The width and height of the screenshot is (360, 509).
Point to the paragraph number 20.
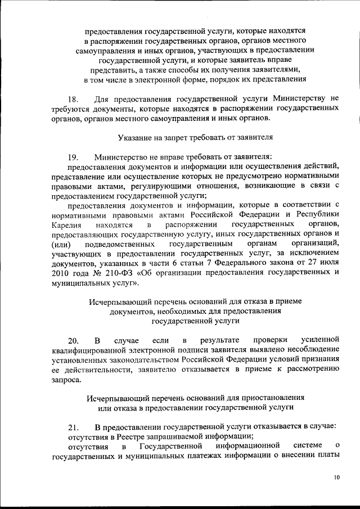[x=73, y=340]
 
